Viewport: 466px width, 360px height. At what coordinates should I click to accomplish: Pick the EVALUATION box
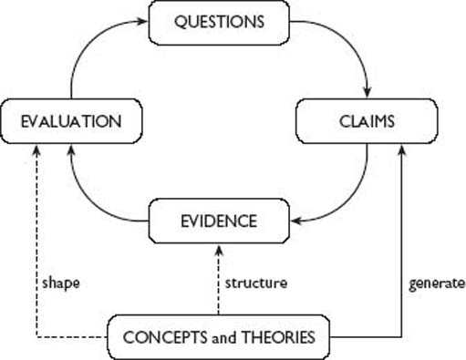coord(72,119)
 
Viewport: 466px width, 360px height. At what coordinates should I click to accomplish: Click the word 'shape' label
coord(61,283)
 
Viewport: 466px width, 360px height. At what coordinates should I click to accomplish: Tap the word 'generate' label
coord(435,283)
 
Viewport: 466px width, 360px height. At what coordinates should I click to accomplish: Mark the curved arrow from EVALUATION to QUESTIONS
coord(88,50)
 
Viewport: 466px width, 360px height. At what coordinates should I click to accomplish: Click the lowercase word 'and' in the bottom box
coord(224,338)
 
